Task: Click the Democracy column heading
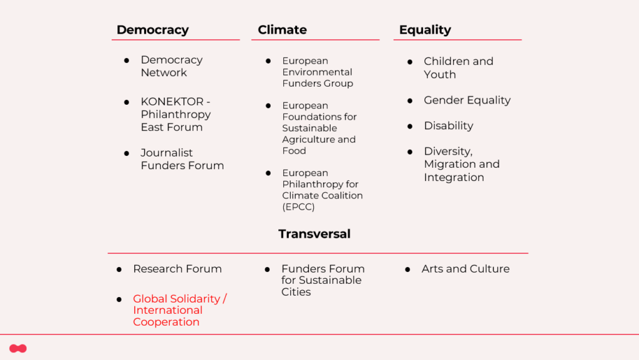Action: pos(152,30)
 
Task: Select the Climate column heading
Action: pos(282,30)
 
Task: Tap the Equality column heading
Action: pos(425,30)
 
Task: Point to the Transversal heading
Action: pos(315,234)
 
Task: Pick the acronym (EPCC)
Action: pos(298,207)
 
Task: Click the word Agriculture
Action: pos(309,139)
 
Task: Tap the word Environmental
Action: pos(317,72)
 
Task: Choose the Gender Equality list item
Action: pos(467,100)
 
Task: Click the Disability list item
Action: pos(448,126)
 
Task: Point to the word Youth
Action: pos(440,74)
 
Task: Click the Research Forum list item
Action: pos(177,269)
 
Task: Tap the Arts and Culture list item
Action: pos(466,269)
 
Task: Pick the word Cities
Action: pos(296,292)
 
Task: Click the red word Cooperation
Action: pos(166,322)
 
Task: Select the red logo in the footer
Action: pos(18,349)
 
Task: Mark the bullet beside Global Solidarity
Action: pos(119,299)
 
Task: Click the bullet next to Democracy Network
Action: pos(127,61)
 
